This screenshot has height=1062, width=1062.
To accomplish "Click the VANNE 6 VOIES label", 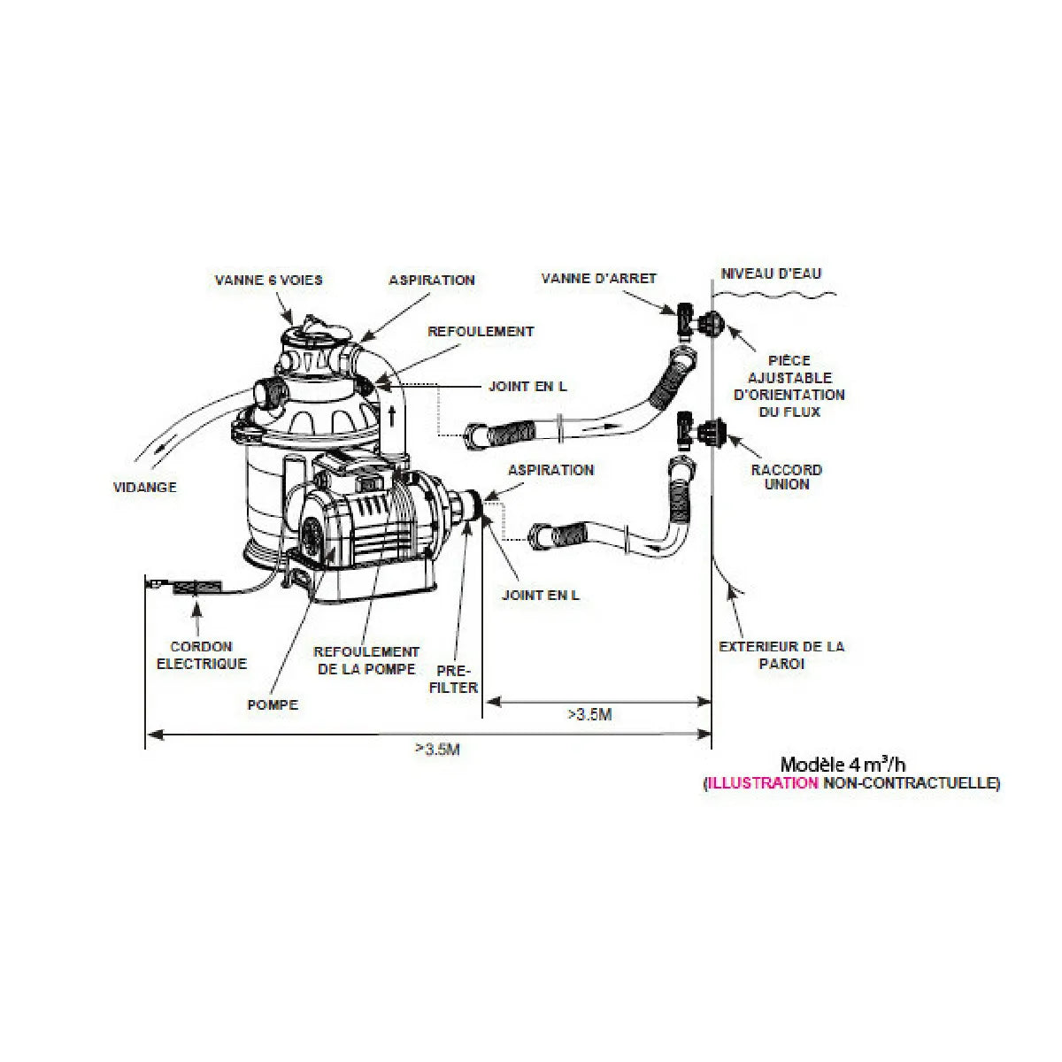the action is [268, 280].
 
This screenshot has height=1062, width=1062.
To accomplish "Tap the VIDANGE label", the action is [145, 487].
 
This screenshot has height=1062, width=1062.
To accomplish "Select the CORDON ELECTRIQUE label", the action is [202, 655].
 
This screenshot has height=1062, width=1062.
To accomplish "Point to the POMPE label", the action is [273, 704].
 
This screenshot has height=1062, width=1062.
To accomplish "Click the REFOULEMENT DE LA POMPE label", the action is [366, 660].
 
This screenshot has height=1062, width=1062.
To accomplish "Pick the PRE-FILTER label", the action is [453, 679].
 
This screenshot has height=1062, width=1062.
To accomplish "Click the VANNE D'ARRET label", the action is [599, 278].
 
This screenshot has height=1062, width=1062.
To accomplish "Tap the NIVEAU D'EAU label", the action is [771, 273].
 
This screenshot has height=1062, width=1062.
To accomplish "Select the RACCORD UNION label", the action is [787, 477].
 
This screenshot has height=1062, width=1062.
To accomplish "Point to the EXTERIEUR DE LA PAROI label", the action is [781, 655].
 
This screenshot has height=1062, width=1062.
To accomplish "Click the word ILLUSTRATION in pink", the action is [763, 783].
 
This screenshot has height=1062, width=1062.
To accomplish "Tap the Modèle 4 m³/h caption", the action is [843, 765].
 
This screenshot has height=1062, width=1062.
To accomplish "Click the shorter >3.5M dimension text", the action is [589, 715].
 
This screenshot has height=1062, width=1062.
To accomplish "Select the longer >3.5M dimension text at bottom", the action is [437, 749].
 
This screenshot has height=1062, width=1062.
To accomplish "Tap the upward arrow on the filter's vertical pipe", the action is [392, 417].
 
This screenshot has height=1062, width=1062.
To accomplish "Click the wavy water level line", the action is [774, 296].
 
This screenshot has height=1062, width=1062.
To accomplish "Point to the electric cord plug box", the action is [197, 588].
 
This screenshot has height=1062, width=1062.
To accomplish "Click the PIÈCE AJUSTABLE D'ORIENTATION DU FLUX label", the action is [789, 386].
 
